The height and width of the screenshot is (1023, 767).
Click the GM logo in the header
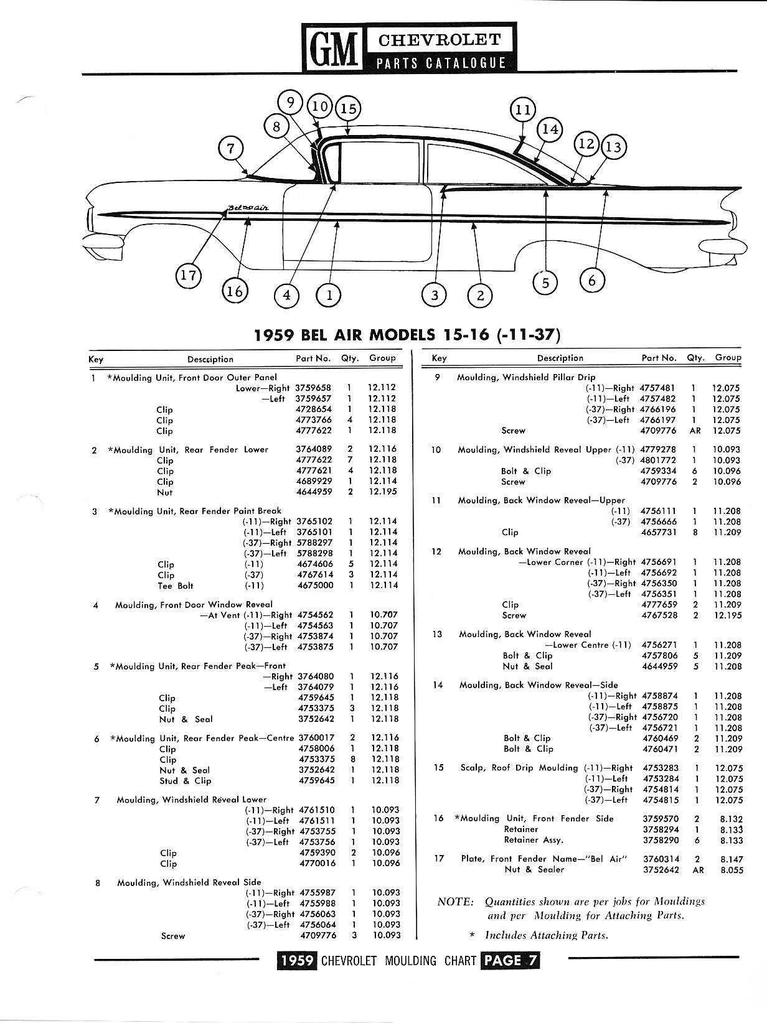click(331, 49)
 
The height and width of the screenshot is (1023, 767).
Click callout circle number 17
click(188, 275)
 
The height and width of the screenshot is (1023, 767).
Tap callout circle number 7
click(231, 149)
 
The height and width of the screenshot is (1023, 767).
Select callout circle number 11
click(522, 110)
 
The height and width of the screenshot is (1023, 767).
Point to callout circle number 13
click(613, 147)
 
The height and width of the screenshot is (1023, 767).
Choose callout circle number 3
click(435, 294)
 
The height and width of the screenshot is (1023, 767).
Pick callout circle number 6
click(591, 281)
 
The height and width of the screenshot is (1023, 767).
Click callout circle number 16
click(235, 290)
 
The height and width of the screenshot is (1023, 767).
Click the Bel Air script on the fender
click(248, 207)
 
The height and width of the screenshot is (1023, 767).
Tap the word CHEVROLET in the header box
click(440, 40)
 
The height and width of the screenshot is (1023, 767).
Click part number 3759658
click(313, 388)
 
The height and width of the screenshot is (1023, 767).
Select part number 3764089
click(314, 449)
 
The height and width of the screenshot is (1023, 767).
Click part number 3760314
click(660, 859)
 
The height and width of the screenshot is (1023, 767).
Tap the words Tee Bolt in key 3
click(176, 586)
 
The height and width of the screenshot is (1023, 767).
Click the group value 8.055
click(732, 870)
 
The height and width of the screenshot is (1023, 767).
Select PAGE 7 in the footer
click(510, 960)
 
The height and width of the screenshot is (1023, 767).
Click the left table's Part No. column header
click(313, 358)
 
